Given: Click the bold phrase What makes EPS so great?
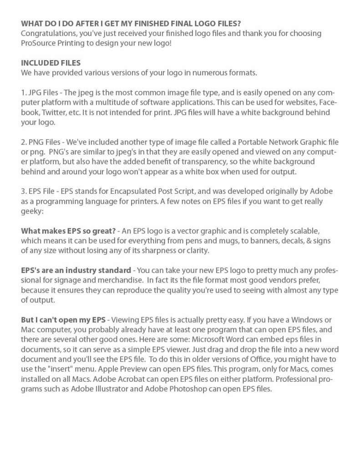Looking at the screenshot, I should (67, 232).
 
